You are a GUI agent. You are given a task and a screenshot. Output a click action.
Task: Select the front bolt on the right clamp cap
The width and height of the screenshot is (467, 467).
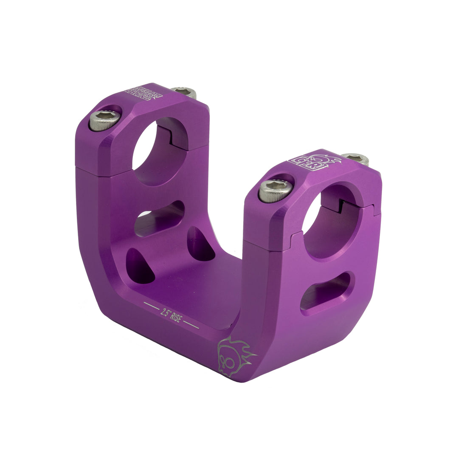click(x=274, y=190)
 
